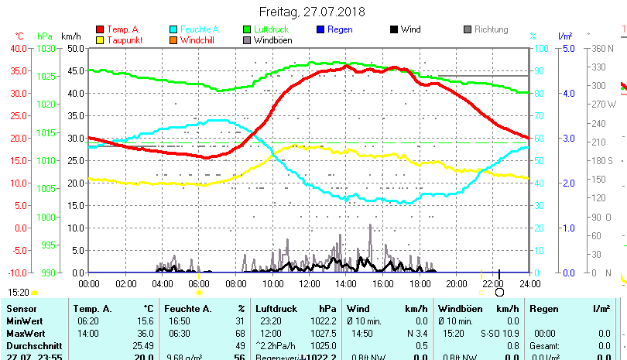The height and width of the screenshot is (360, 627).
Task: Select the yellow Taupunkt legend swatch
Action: point(99,40)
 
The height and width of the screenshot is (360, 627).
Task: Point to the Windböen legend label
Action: point(273,40)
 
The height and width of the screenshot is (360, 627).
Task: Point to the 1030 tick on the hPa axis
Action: point(46,48)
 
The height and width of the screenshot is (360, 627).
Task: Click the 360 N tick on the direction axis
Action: point(603,48)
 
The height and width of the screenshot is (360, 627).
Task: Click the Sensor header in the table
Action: point(21,309)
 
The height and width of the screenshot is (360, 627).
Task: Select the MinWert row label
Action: point(24,321)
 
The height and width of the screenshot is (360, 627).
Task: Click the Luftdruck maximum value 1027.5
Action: point(324,333)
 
